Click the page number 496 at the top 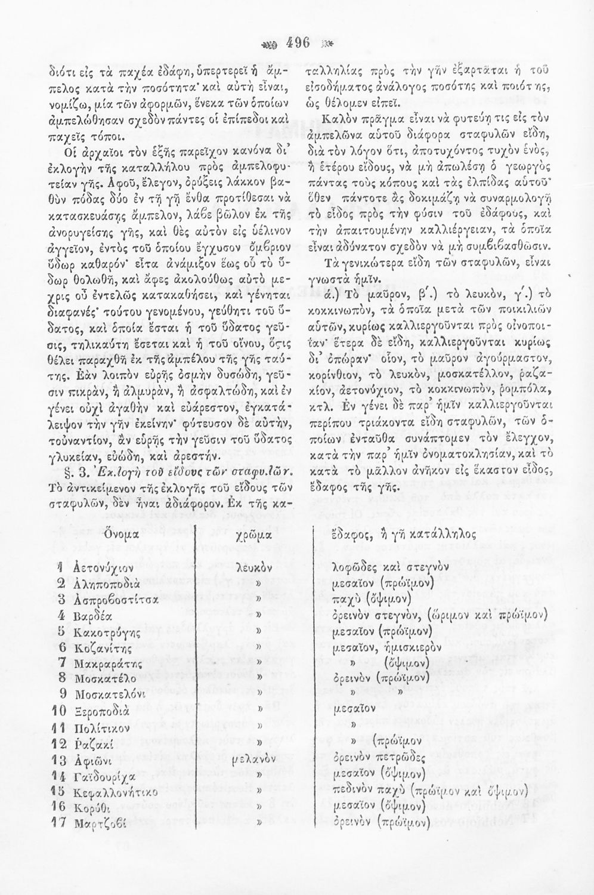[297, 43]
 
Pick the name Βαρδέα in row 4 [92, 615]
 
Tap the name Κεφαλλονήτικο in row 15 [116, 792]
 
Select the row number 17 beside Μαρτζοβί [60, 824]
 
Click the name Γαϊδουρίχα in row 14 [103, 776]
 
